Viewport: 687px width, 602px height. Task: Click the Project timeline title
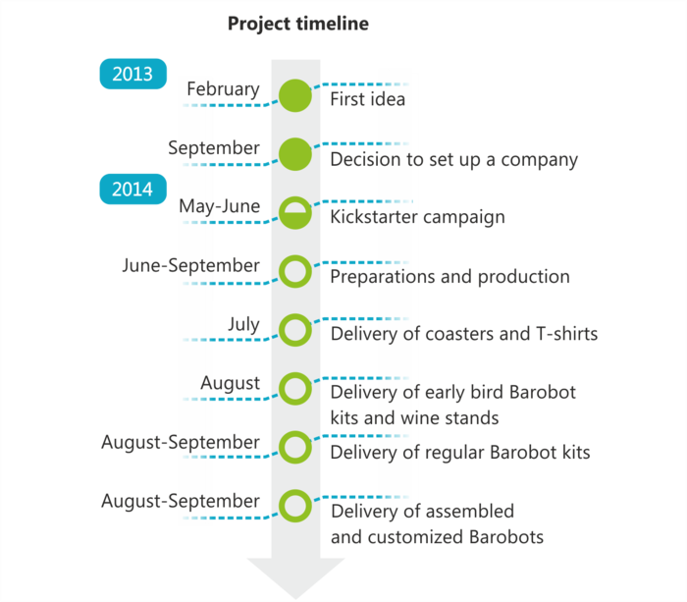tap(298, 25)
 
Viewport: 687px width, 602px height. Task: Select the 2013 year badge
tap(132, 75)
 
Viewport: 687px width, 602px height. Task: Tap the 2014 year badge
tap(132, 189)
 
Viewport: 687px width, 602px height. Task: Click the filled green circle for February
tap(294, 95)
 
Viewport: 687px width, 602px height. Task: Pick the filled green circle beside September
tap(294, 153)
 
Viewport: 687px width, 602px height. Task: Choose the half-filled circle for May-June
tap(294, 212)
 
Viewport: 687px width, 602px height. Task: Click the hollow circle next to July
tap(294, 329)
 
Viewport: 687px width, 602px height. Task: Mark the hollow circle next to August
tap(294, 388)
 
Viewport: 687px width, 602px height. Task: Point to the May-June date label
tap(220, 207)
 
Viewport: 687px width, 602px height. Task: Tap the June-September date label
tap(191, 266)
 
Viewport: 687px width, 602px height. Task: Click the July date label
tap(243, 324)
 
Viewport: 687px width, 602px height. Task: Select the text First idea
tap(368, 100)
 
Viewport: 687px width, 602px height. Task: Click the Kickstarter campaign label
tap(418, 217)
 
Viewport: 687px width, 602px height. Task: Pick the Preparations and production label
tap(449, 277)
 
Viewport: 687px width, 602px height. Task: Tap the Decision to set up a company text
tap(454, 159)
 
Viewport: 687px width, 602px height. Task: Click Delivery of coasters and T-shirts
tap(464, 335)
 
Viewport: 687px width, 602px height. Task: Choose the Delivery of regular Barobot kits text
tap(460, 454)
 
